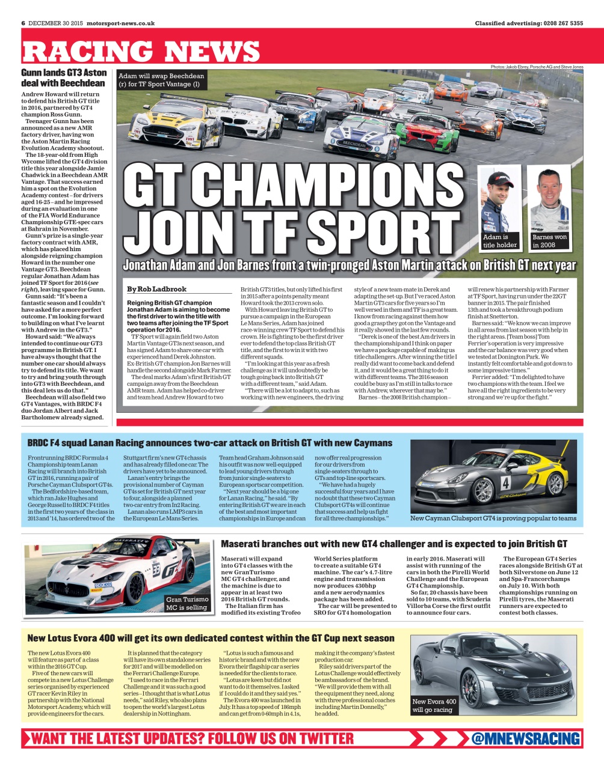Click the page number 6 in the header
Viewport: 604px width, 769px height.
23,23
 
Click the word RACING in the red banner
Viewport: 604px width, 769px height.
87,52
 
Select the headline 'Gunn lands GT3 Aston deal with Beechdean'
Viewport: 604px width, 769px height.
64,78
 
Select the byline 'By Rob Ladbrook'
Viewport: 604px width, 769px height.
157,289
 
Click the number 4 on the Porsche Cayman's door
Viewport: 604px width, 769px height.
505,482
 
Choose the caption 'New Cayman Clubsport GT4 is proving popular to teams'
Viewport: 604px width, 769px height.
493,518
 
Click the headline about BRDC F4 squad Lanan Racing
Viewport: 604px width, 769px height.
209,443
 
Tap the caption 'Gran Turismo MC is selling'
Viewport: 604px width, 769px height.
187,603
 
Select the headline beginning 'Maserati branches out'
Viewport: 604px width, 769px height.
393,544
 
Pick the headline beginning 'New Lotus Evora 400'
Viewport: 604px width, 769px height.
211,638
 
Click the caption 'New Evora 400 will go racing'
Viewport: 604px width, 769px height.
434,705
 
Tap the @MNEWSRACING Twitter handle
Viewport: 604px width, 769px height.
525,738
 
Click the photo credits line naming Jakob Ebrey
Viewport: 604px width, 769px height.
537,67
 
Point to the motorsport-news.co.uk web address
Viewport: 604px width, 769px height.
120,23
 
